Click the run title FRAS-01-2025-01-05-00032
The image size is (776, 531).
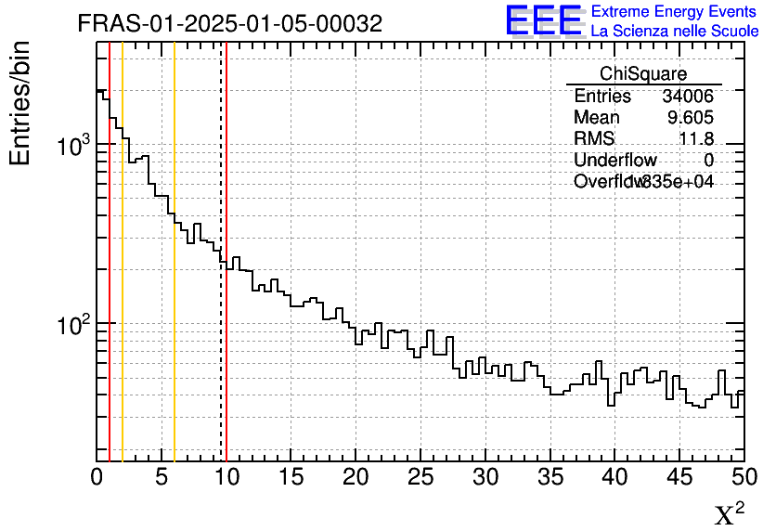[x=229, y=24]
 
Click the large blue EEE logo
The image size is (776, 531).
[x=544, y=20]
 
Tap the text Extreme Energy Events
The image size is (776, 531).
[x=674, y=12]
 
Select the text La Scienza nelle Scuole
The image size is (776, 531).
[x=674, y=31]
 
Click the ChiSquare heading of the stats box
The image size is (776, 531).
[x=643, y=73]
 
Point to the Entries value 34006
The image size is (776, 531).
[x=688, y=97]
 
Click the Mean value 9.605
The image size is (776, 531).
[x=691, y=118]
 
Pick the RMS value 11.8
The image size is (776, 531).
[x=696, y=139]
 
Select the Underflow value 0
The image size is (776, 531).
[x=708, y=161]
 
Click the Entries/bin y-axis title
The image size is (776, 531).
[x=20, y=103]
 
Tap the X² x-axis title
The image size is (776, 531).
[x=729, y=513]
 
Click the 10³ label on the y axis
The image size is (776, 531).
[x=73, y=147]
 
